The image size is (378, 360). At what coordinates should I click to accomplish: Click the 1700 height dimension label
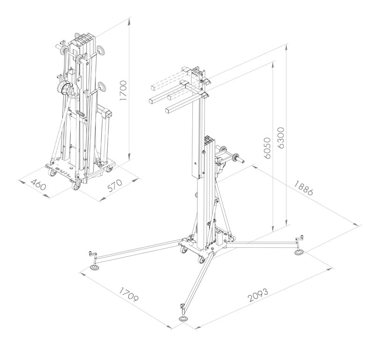[123, 91]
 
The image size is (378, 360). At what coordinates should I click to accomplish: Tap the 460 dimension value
[38, 185]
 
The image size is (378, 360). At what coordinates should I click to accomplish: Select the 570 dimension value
[115, 185]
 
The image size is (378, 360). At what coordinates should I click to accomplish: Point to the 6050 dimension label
[267, 148]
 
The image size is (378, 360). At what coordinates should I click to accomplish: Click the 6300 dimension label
[281, 137]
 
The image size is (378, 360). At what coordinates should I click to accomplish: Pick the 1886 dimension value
[304, 188]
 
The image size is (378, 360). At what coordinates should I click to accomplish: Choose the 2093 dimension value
[258, 295]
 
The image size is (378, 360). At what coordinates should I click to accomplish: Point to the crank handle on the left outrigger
[93, 253]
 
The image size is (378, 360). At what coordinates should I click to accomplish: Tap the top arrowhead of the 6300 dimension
[286, 48]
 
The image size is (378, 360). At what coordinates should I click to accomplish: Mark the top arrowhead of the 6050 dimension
[273, 65]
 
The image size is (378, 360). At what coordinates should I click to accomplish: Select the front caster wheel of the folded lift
[76, 186]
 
